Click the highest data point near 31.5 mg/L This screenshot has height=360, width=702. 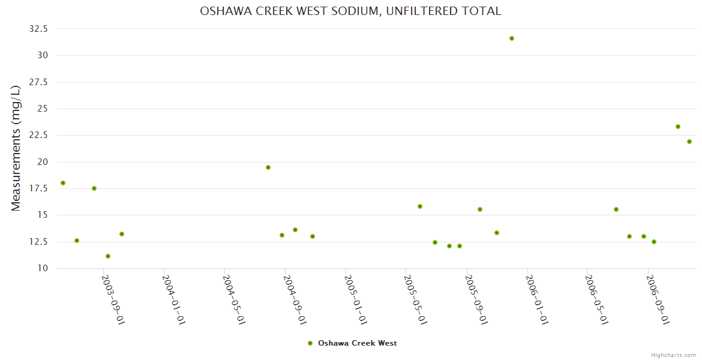coord(512,38)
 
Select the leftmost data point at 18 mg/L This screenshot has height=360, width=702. coord(63,183)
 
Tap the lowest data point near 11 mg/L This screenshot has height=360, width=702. coord(108,256)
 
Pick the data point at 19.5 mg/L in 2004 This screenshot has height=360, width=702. coord(268,167)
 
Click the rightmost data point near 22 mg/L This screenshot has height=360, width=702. coord(689,142)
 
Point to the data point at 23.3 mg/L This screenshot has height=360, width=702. coord(678,127)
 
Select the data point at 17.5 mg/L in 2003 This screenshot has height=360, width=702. coord(94,188)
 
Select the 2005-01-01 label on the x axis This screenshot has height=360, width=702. coord(355,299)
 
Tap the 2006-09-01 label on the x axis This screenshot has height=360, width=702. coord(658,299)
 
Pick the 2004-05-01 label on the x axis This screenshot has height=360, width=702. coord(234,299)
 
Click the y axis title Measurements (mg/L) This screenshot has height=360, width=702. coord(16,148)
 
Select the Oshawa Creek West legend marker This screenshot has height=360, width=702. coord(310,343)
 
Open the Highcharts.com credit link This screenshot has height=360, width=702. coord(673,355)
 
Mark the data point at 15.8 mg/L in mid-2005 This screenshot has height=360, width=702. coord(420,206)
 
